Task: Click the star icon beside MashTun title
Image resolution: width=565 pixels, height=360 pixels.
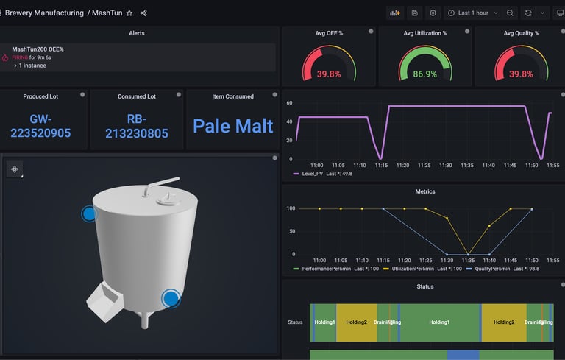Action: [x=129, y=13]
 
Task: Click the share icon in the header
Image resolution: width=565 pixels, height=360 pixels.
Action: [x=143, y=13]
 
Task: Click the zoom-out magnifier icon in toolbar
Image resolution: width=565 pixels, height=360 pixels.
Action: [x=511, y=13]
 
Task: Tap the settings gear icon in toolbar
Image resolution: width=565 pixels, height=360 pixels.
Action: [x=433, y=13]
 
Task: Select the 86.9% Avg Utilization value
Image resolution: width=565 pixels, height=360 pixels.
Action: [x=425, y=74]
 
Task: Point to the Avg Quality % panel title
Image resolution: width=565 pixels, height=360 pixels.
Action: [x=521, y=33]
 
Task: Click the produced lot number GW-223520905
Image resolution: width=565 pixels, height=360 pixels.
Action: [x=40, y=126]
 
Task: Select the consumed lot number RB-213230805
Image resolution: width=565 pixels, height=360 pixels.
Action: [x=137, y=126]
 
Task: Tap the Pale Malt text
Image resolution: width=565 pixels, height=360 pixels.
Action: [x=232, y=126]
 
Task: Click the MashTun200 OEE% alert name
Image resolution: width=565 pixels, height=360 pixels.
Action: [x=38, y=49]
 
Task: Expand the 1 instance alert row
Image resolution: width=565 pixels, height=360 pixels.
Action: [x=30, y=66]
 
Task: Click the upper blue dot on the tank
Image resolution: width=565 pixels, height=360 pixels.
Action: [x=89, y=214]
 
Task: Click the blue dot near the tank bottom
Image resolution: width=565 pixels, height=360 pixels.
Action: [x=171, y=298]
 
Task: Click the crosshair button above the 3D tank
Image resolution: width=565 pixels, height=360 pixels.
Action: [x=14, y=169]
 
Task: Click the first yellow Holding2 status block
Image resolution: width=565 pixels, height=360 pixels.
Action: [x=356, y=322]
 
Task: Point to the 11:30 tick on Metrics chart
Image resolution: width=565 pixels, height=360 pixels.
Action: [x=447, y=260]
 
